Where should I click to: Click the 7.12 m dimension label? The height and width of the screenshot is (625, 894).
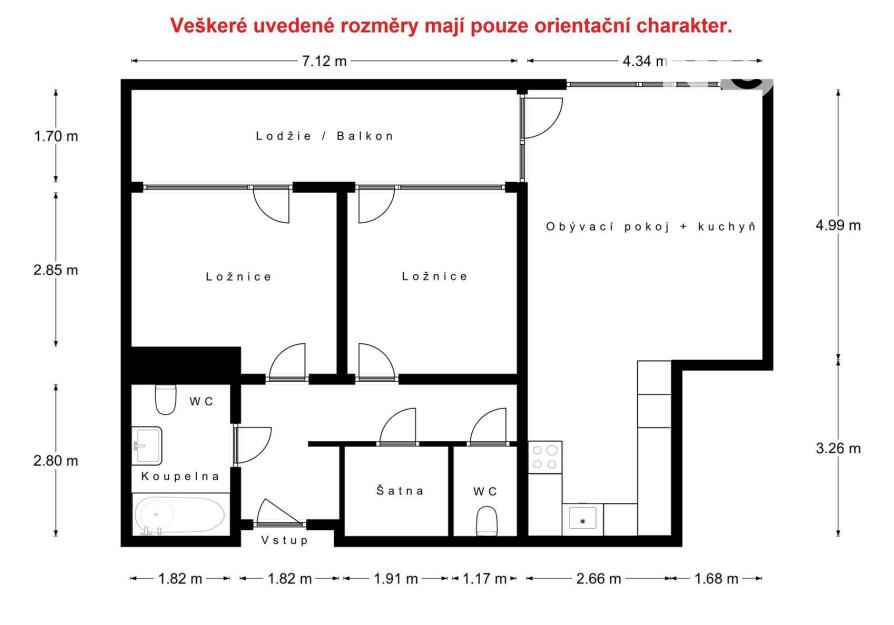[x=324, y=61]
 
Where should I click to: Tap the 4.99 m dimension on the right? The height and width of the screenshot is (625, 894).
[x=838, y=225]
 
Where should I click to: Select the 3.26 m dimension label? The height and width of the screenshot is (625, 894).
[x=838, y=448]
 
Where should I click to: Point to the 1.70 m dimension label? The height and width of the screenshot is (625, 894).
[x=56, y=136]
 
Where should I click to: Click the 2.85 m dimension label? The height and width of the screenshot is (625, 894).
[x=56, y=270]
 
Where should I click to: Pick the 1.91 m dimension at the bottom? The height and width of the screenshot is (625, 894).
[x=396, y=579]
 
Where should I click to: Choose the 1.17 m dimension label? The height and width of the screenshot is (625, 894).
[x=484, y=579]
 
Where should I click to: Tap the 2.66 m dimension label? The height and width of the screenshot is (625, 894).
[x=599, y=579]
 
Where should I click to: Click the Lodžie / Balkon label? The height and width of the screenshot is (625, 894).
[x=325, y=136]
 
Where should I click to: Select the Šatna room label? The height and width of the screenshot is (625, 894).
[x=400, y=490]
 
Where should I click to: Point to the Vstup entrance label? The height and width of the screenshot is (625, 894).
[x=285, y=539]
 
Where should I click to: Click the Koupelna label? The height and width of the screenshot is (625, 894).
[x=180, y=476]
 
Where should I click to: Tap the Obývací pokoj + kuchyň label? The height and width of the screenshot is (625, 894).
[x=651, y=226]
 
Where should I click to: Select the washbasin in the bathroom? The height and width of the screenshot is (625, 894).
[x=147, y=445]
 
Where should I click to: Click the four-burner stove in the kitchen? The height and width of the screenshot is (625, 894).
[x=544, y=457]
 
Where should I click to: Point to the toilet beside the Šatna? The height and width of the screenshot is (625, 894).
[x=486, y=521]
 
